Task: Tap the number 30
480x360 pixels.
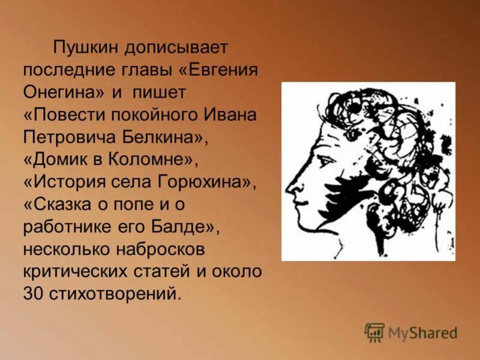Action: pyautogui.click(x=32, y=295)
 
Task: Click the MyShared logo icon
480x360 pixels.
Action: pyautogui.click(x=374, y=332)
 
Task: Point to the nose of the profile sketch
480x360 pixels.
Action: pyautogui.click(x=291, y=186)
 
